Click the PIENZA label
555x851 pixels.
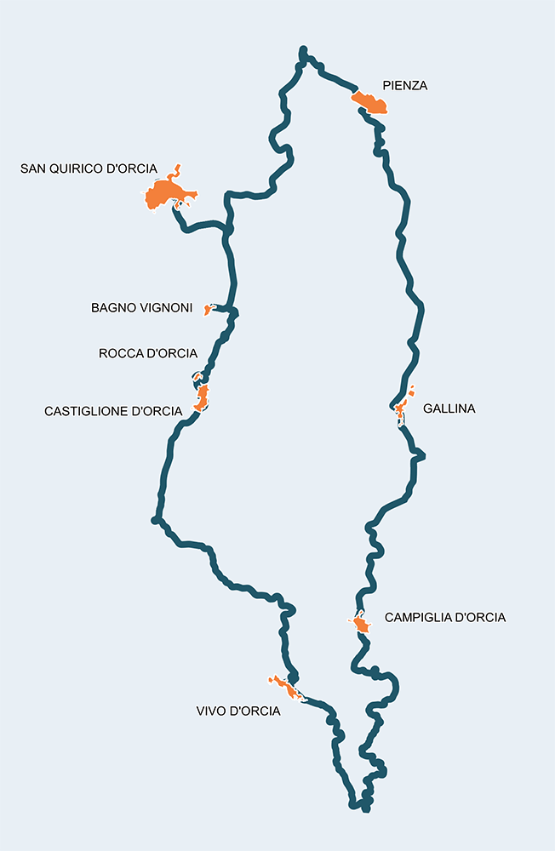pos(404,85)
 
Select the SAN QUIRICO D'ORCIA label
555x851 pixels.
pos(89,168)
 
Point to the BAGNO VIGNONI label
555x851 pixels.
pos(142,308)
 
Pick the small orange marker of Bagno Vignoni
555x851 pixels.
pos(207,310)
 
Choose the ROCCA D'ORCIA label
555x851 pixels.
pos(148,353)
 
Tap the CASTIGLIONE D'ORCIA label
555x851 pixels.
pos(113,411)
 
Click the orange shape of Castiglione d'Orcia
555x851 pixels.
pos(203,397)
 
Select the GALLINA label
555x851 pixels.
pos(449,408)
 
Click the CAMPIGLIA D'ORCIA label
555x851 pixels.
pos(445,617)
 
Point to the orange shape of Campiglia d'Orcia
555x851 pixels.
pos(362,625)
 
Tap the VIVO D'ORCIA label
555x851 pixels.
pos(237,711)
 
